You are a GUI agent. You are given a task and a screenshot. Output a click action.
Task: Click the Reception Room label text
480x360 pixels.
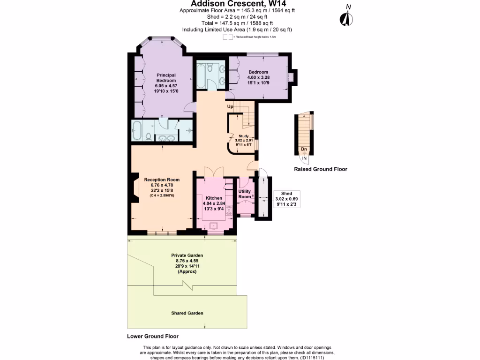pyautogui.click(x=162, y=180)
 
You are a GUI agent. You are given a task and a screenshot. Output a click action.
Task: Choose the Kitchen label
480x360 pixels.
pyautogui.click(x=213, y=198)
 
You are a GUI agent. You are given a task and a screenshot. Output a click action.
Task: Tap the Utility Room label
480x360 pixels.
pyautogui.click(x=245, y=194)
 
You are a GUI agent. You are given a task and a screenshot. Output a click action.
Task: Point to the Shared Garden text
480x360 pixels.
pyautogui.click(x=187, y=313)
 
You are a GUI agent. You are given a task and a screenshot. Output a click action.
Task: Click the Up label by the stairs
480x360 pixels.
pyautogui.click(x=230, y=107)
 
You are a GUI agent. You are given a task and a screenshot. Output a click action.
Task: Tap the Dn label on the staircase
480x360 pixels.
pyautogui.click(x=304, y=150)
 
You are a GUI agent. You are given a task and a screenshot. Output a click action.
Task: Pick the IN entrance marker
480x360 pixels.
pyautogui.click(x=304, y=158)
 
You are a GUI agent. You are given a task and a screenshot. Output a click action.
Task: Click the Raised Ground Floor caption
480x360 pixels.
pyautogui.click(x=320, y=169)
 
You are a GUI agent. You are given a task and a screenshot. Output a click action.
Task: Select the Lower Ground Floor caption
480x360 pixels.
pyautogui.click(x=153, y=337)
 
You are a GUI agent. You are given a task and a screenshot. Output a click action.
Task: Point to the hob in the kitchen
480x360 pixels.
pyautogui.click(x=229, y=210)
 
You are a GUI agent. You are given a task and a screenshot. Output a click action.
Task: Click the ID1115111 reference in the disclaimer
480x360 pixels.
pyautogui.click(x=311, y=357)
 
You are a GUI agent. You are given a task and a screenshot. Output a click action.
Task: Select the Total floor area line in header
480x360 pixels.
pyautogui.click(x=237, y=23)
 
